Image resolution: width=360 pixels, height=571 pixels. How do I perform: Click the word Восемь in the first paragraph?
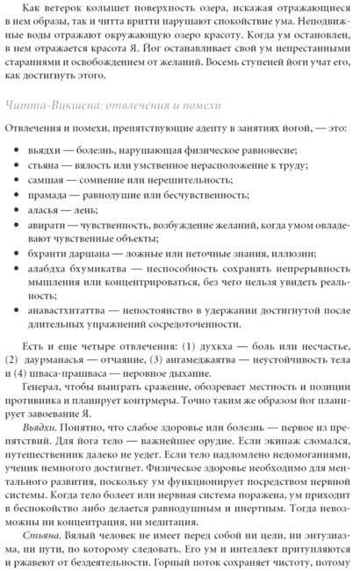click(x=274, y=61)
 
